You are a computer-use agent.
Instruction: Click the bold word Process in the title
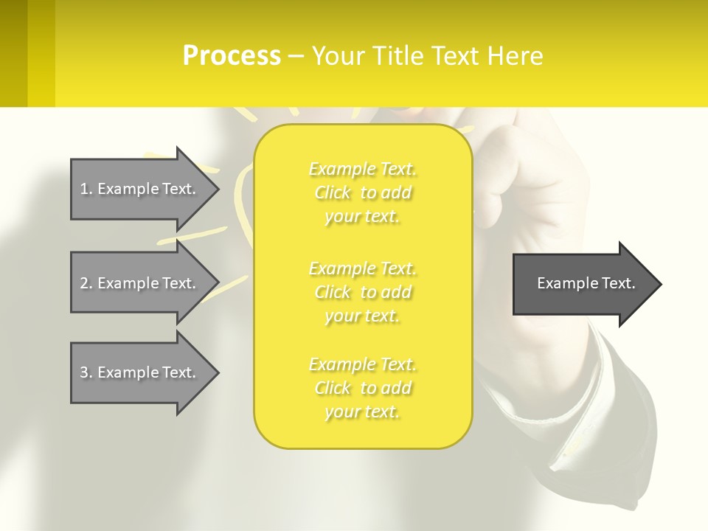pos(232,56)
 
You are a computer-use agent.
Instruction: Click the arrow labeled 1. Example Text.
pos(140,189)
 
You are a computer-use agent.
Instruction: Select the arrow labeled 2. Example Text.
pos(140,283)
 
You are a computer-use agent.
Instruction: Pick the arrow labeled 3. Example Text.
pos(140,372)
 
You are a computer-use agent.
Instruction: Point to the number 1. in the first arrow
pos(86,189)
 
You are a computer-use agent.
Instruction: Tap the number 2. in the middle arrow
pos(86,283)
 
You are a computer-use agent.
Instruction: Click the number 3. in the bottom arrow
pos(86,372)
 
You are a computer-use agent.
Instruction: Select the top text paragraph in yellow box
pos(363,192)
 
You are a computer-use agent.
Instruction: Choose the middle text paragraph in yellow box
pos(363,292)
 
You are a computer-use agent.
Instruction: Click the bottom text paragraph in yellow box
pos(363,388)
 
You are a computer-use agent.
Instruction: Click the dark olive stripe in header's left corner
pos(13,53)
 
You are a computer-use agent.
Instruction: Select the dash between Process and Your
pos(296,56)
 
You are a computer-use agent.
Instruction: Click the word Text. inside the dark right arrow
pos(619,283)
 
